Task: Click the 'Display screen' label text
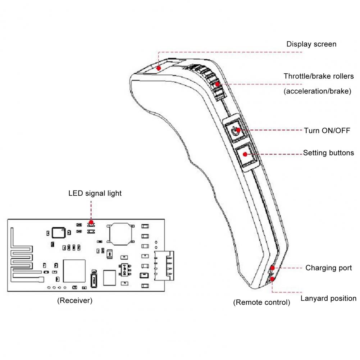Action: coord(311,44)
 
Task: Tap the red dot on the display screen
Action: coord(159,67)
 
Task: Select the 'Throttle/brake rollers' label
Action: coord(318,76)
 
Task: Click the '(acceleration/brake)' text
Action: coord(317,91)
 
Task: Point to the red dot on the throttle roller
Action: coord(218,84)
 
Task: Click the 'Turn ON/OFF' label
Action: coord(327,130)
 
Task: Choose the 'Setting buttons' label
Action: coord(328,153)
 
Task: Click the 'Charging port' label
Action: coord(328,268)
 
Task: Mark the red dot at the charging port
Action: coord(272,268)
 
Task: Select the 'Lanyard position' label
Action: coord(328,298)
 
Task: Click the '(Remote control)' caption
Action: coord(261,302)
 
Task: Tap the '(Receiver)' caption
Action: coord(75,301)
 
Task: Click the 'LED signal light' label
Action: coord(95,193)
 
